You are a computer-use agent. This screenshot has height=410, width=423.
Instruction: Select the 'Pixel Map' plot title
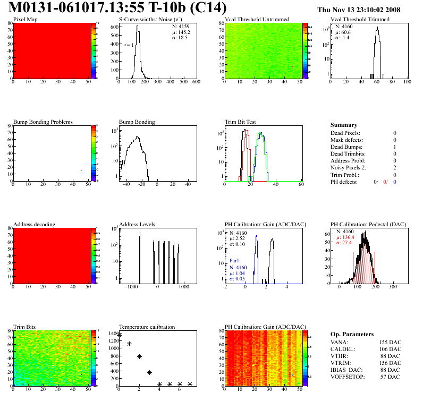pos(26,20)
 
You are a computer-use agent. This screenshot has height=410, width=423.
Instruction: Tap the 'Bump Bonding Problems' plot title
pos(43,122)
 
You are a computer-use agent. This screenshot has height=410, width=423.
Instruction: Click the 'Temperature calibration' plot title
pos(147,327)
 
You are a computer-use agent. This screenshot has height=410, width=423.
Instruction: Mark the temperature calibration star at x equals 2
pos(139,356)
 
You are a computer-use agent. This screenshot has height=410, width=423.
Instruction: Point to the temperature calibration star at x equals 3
pos(149,372)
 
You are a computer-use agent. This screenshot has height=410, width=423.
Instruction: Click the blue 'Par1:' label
pos(236,261)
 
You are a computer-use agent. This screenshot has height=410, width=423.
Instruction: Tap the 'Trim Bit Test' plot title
pos(241,122)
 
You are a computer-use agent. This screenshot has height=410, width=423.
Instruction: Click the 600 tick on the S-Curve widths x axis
pos(196,82)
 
